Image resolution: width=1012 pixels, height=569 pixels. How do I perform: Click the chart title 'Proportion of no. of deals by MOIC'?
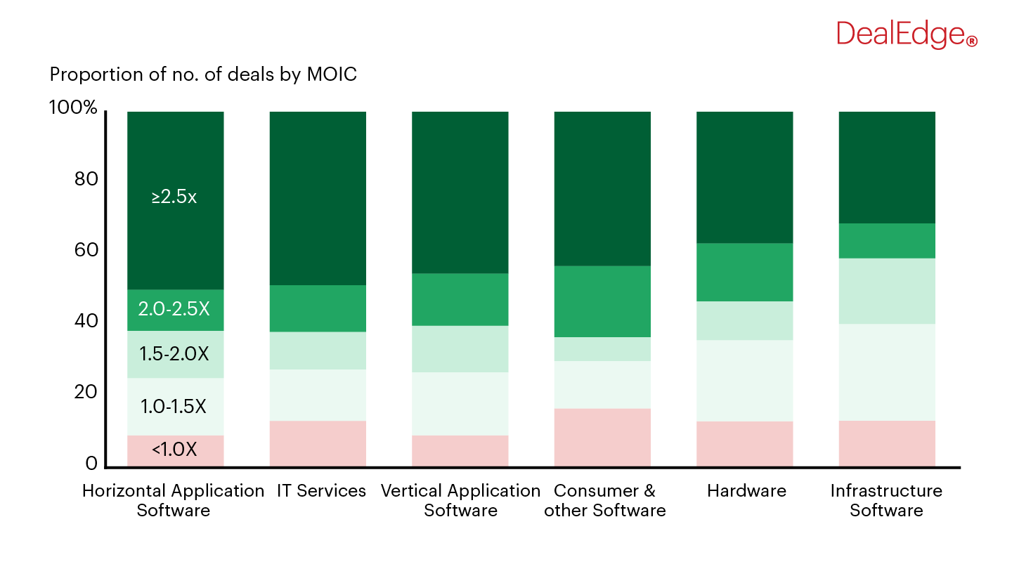click(203, 74)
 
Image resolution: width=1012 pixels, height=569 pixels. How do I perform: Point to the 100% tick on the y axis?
click(72, 108)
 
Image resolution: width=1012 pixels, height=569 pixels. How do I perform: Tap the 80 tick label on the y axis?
click(85, 180)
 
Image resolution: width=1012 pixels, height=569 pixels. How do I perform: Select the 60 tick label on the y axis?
click(85, 251)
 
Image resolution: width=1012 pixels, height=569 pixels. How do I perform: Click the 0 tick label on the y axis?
click(91, 464)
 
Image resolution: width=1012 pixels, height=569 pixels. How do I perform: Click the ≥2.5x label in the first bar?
click(174, 197)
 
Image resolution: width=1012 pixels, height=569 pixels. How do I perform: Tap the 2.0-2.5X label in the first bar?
click(174, 309)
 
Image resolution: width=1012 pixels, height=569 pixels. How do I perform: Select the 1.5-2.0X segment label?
click(174, 354)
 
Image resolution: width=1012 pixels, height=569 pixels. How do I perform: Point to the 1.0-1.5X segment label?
click(174, 406)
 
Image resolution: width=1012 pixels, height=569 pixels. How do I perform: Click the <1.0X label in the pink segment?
click(174, 450)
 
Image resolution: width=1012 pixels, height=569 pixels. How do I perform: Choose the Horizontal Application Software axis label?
click(174, 500)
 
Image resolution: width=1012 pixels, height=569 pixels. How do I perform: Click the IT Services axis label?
click(321, 490)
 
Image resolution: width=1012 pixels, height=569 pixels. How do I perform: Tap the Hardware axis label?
click(746, 490)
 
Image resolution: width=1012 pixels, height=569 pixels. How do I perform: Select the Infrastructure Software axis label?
click(886, 500)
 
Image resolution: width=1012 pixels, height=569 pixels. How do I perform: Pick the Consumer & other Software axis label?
click(604, 500)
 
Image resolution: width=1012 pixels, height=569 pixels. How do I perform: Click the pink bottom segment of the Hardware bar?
click(744, 444)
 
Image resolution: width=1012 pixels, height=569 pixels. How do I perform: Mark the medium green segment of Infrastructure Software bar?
click(887, 241)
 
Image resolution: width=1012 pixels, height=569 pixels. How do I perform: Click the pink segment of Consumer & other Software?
click(602, 438)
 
